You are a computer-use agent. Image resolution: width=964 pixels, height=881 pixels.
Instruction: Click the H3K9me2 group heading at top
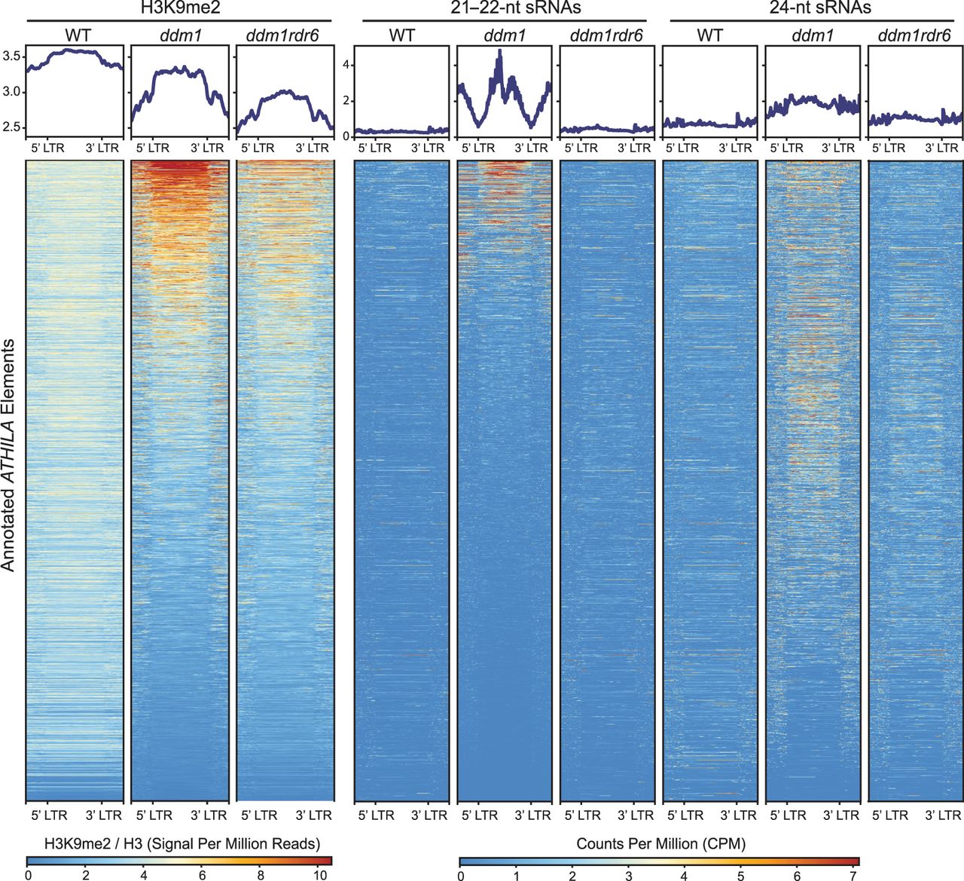tap(179, 8)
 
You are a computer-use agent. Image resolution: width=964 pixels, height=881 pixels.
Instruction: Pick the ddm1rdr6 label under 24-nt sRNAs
tap(915, 35)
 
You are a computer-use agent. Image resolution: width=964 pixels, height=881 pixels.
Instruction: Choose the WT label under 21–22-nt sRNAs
tap(403, 35)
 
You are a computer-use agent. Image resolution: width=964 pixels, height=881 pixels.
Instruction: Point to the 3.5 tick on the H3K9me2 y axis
tap(14, 56)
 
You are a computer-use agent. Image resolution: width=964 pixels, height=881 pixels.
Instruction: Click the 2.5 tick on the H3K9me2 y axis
tap(14, 127)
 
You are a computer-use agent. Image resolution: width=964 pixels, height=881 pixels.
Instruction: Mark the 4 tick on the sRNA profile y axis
tap(346, 65)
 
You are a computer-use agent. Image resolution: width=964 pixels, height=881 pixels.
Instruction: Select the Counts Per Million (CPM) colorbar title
tap(660, 843)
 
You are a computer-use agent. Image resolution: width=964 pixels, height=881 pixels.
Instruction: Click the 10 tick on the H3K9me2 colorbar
tap(320, 874)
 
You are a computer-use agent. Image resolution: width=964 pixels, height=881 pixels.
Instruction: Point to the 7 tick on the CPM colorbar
tap(854, 874)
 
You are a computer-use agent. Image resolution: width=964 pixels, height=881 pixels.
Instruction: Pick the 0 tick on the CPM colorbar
tap(460, 874)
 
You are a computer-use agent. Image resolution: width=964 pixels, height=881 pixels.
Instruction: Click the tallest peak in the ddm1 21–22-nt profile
tap(499, 51)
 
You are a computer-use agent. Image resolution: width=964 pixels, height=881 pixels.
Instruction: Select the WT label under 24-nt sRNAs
tap(709, 35)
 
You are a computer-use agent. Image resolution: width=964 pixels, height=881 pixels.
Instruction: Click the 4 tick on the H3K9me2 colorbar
tap(144, 874)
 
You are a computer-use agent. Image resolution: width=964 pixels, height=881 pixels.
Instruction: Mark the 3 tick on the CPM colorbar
tap(629, 874)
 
